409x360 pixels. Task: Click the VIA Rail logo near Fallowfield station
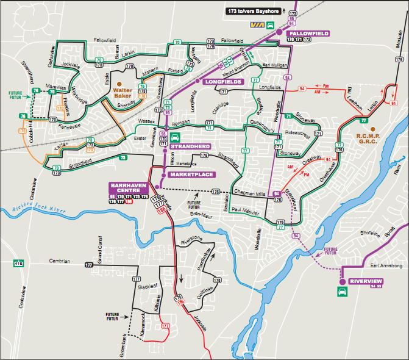257,25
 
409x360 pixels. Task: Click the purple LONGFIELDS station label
223,81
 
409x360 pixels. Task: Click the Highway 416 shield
19,264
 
